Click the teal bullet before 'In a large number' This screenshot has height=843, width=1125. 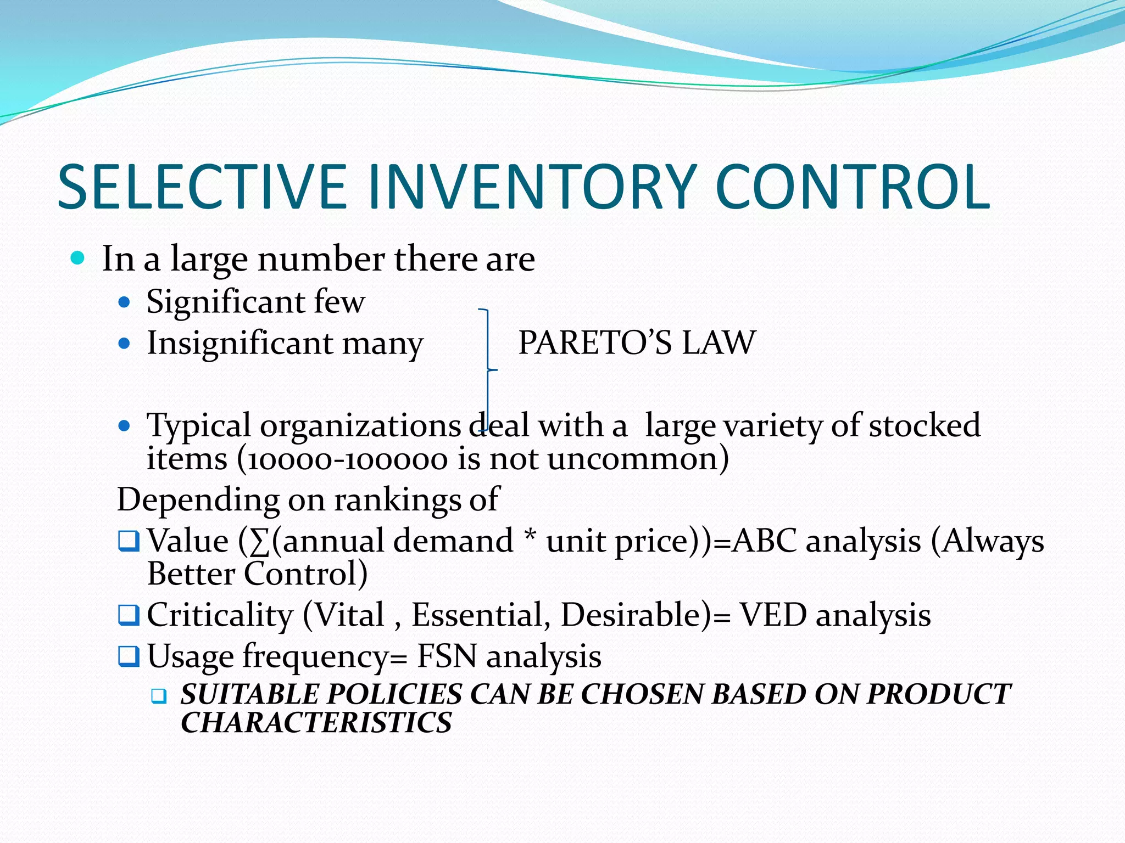tap(78, 258)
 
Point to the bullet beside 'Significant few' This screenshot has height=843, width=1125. tap(125, 302)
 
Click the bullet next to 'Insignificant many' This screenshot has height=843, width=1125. tap(125, 344)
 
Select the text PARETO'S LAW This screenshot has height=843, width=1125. tap(637, 343)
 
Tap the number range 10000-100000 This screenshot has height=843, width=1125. tap(347, 459)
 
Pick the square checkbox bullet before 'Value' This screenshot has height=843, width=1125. tap(129, 542)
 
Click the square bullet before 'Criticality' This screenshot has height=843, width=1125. tap(129, 615)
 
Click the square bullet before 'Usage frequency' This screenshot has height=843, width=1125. tap(129, 656)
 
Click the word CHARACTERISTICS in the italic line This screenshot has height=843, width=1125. tap(316, 722)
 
